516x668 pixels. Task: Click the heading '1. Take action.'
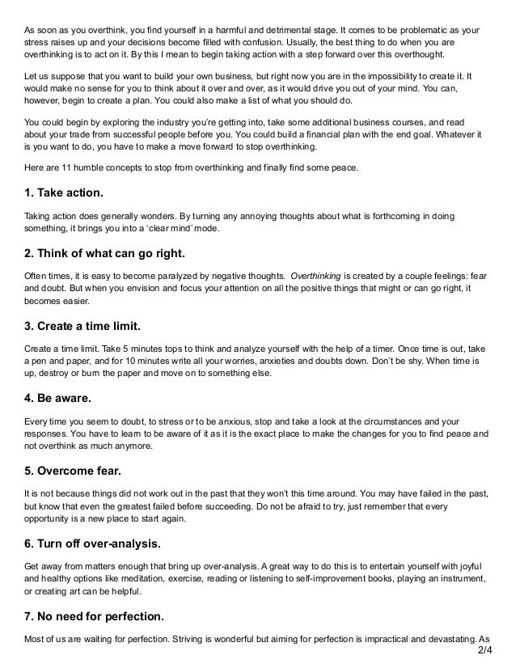(x=64, y=195)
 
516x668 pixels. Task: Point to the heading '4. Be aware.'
(x=58, y=399)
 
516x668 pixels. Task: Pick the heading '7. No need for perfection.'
(x=94, y=617)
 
